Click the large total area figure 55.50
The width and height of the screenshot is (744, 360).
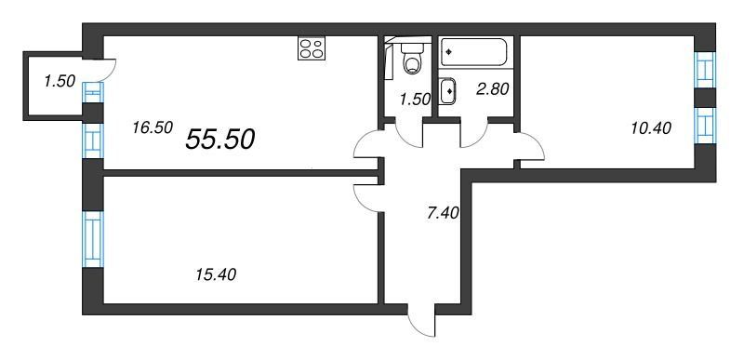coord(220,140)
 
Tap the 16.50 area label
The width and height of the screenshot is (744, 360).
coord(153,127)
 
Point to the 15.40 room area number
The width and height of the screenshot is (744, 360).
coord(216,274)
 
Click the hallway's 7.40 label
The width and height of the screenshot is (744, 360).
coord(443,212)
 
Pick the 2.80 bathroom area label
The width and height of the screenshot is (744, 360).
coord(494,88)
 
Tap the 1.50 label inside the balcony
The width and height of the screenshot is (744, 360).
coord(60,81)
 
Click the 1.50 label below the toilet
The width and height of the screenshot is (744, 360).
coord(415,99)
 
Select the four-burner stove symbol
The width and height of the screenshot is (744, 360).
coord(312,48)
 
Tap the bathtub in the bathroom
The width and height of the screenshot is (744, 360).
coord(473,52)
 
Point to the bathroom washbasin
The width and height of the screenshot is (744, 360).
coord(448,91)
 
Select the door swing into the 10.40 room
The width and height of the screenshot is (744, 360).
coord(529,146)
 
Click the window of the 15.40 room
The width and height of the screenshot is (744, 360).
coord(92,239)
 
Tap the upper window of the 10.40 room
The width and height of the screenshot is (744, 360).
coord(705,70)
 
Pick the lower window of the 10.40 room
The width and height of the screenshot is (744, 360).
coord(705,126)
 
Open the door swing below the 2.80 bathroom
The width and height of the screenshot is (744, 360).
coord(473,135)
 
